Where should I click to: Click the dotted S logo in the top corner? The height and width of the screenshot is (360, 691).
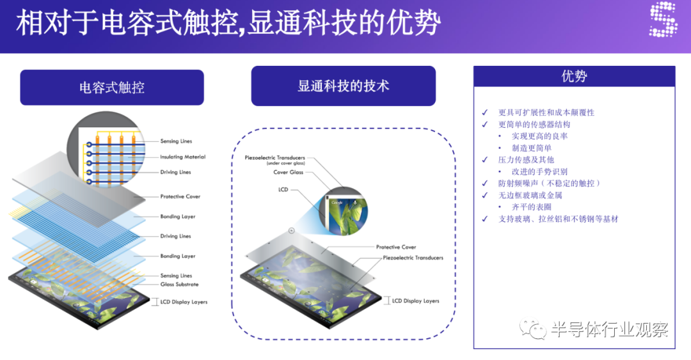[663, 19]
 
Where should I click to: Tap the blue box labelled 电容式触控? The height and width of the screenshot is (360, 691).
[112, 87]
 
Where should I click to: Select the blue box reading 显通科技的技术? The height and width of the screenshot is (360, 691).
[344, 86]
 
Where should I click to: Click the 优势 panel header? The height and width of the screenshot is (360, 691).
[574, 76]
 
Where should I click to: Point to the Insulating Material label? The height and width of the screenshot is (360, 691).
[182, 157]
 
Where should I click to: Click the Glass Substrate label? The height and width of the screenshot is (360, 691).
[179, 285]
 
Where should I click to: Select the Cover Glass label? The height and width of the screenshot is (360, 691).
[288, 172]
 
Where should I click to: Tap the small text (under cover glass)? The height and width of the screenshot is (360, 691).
[285, 163]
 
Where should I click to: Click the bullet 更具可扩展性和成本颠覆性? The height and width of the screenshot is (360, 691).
[546, 113]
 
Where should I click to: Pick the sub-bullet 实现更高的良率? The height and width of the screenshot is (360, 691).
[539, 136]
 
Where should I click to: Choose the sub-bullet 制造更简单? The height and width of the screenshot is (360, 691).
[532, 148]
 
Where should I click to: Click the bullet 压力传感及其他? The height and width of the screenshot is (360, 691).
[526, 159]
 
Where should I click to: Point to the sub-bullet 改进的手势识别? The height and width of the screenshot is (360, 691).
[539, 171]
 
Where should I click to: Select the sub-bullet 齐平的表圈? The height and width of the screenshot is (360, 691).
[532, 207]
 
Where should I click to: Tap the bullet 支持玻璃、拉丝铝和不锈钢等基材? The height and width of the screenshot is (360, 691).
[558, 219]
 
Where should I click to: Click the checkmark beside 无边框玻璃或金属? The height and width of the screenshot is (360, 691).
[485, 195]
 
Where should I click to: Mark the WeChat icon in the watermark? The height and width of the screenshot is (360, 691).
[533, 328]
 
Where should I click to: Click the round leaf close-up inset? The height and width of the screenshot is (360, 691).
[346, 214]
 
